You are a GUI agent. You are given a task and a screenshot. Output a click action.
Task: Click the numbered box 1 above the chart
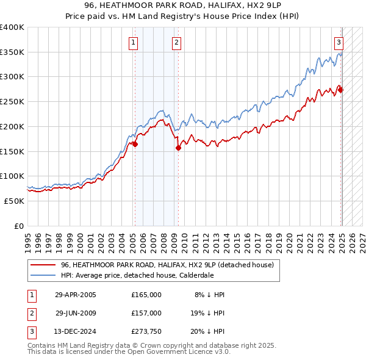point(133,42)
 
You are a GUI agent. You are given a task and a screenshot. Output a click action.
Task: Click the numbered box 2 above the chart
point(176,42)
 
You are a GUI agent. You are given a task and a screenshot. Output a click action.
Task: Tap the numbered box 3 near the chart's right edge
point(339,42)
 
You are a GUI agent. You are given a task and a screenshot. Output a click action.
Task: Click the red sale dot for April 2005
point(135,145)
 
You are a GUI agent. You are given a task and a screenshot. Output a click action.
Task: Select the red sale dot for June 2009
point(179,147)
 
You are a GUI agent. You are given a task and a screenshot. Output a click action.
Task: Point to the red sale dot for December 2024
point(341,90)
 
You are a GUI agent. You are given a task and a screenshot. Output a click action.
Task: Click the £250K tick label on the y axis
point(12,101)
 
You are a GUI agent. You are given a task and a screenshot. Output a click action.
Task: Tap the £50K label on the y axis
point(14,201)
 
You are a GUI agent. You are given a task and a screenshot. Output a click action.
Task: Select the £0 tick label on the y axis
point(18,226)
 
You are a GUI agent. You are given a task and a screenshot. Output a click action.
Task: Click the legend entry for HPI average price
point(137,275)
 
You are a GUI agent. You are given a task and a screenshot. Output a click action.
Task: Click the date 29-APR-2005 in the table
point(76,295)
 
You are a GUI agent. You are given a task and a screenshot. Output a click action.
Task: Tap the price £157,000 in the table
point(146,312)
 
